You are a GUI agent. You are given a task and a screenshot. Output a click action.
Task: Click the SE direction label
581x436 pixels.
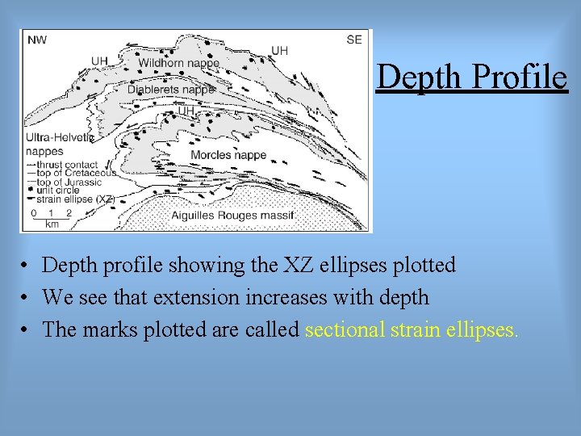(x=354, y=40)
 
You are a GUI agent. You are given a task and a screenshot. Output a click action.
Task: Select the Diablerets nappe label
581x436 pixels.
(x=170, y=90)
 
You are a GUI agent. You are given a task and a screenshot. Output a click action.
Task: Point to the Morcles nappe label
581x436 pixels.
(x=228, y=154)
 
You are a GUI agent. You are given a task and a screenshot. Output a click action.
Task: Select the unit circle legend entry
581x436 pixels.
(x=61, y=190)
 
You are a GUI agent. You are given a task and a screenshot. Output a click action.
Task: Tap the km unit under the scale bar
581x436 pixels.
(x=52, y=224)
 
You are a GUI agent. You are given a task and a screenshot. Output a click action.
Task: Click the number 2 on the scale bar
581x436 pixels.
(x=69, y=214)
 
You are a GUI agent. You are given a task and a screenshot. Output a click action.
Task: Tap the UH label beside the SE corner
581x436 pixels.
(x=279, y=51)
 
